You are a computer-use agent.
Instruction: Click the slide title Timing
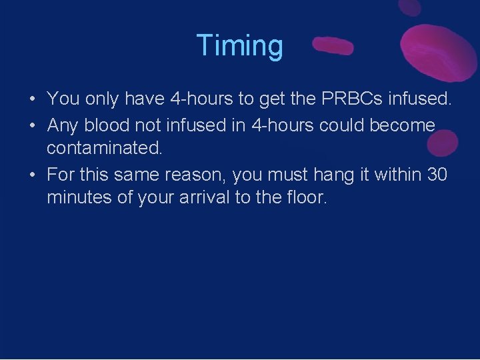point(240,45)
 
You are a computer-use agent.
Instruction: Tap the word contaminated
point(104,148)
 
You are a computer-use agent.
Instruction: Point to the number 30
point(437,174)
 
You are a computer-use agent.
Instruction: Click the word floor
point(304,197)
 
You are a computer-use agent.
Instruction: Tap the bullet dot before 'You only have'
point(32,100)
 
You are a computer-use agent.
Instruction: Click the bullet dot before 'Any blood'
point(32,125)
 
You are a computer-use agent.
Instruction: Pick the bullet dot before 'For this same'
point(32,175)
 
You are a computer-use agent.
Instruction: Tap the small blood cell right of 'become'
point(443,141)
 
